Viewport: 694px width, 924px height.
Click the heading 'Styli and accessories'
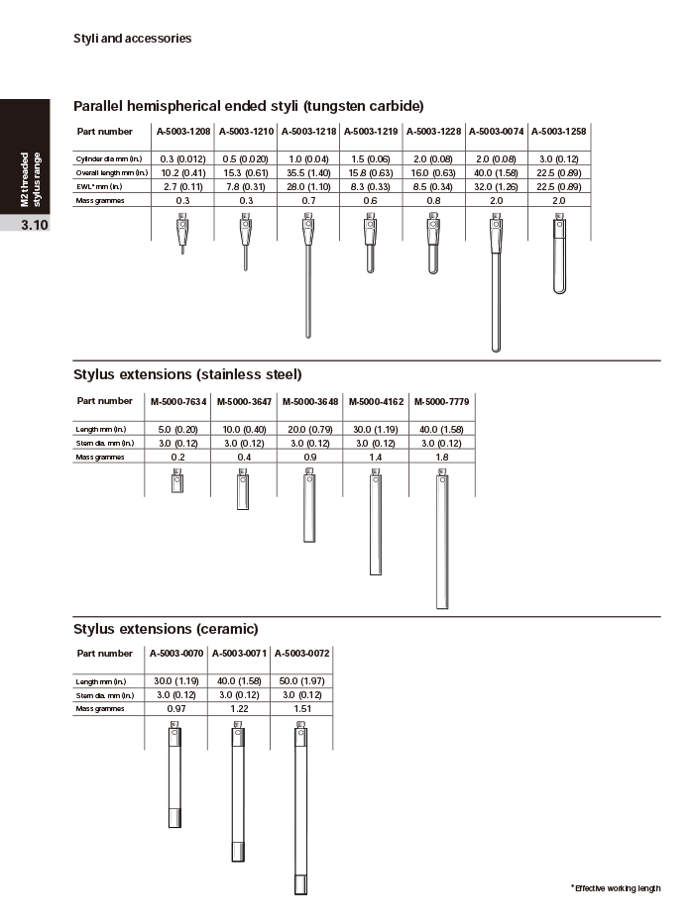point(132,39)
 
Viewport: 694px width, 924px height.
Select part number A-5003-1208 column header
point(182,132)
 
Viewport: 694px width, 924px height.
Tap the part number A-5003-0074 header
point(496,132)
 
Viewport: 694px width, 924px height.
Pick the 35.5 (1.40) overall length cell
point(307,172)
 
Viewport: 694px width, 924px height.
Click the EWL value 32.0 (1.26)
point(496,186)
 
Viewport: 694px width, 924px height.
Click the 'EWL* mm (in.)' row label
point(99,186)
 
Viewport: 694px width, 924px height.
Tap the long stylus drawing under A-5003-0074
point(496,287)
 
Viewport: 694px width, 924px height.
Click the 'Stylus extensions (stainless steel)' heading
point(187,374)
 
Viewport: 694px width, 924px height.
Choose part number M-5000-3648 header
point(309,402)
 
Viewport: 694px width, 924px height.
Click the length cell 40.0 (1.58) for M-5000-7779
point(441,429)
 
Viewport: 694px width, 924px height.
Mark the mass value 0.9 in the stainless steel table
point(309,457)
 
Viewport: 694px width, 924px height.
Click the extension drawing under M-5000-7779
point(441,540)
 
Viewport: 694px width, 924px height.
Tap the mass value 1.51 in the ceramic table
point(301,709)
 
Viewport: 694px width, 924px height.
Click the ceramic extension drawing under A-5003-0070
point(174,777)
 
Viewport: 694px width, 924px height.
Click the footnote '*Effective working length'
point(615,888)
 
